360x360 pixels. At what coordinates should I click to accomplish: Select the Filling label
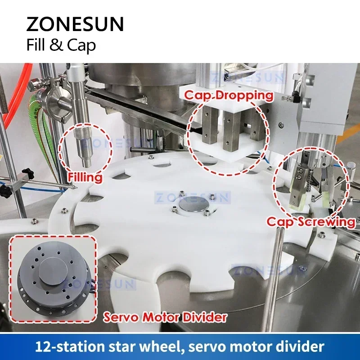(85, 177)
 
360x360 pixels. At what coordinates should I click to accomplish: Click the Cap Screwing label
(311, 221)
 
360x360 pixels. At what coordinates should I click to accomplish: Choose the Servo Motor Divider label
(165, 317)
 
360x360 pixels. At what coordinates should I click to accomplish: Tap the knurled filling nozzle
(84, 140)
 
